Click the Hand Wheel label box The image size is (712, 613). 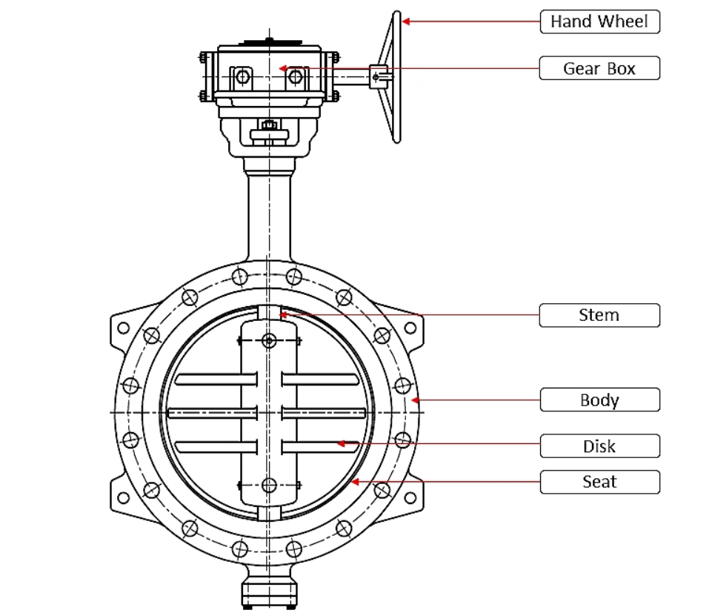[x=599, y=21]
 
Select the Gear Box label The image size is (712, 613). [x=599, y=68]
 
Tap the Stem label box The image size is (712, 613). [x=599, y=315]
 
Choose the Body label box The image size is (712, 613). [x=599, y=400]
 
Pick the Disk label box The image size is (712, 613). [x=599, y=446]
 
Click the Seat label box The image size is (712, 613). [x=599, y=482]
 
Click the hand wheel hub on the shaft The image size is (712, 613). [x=379, y=76]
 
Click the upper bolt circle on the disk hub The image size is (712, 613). [x=269, y=340]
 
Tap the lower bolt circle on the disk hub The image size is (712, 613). [x=269, y=485]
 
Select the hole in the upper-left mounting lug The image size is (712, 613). [x=124, y=328]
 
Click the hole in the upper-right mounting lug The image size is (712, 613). [x=410, y=328]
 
